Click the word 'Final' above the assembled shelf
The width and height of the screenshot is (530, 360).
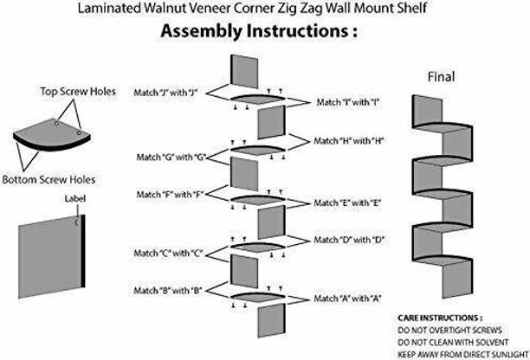tap(441, 76)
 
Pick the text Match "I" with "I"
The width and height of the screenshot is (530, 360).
tap(348, 103)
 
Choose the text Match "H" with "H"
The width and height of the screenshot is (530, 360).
tap(348, 140)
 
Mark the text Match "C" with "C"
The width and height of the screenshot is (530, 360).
tap(167, 254)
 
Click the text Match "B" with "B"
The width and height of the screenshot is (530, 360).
tap(167, 291)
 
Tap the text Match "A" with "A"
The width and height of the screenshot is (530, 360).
tap(348, 299)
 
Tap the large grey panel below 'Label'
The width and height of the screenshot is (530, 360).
tap(47, 250)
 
